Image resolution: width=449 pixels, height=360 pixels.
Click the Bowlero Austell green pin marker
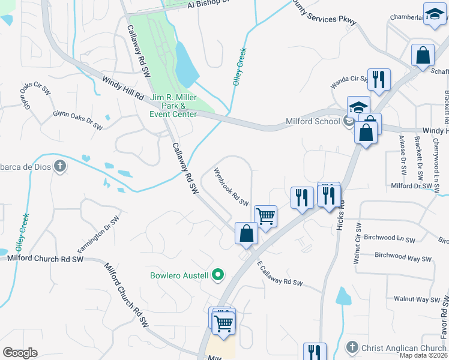[x=218, y=275]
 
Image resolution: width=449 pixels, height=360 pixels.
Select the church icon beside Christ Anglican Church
[x=352, y=347]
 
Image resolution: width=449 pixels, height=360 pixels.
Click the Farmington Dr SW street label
[x=95, y=237]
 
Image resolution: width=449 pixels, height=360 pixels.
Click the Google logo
[x=20, y=353]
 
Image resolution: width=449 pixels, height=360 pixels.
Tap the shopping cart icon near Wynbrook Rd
[x=265, y=215]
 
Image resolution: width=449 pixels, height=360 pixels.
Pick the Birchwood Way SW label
[x=403, y=257]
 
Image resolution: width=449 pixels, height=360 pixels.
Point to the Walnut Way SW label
[x=417, y=299]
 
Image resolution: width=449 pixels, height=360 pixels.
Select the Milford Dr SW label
[x=412, y=186]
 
